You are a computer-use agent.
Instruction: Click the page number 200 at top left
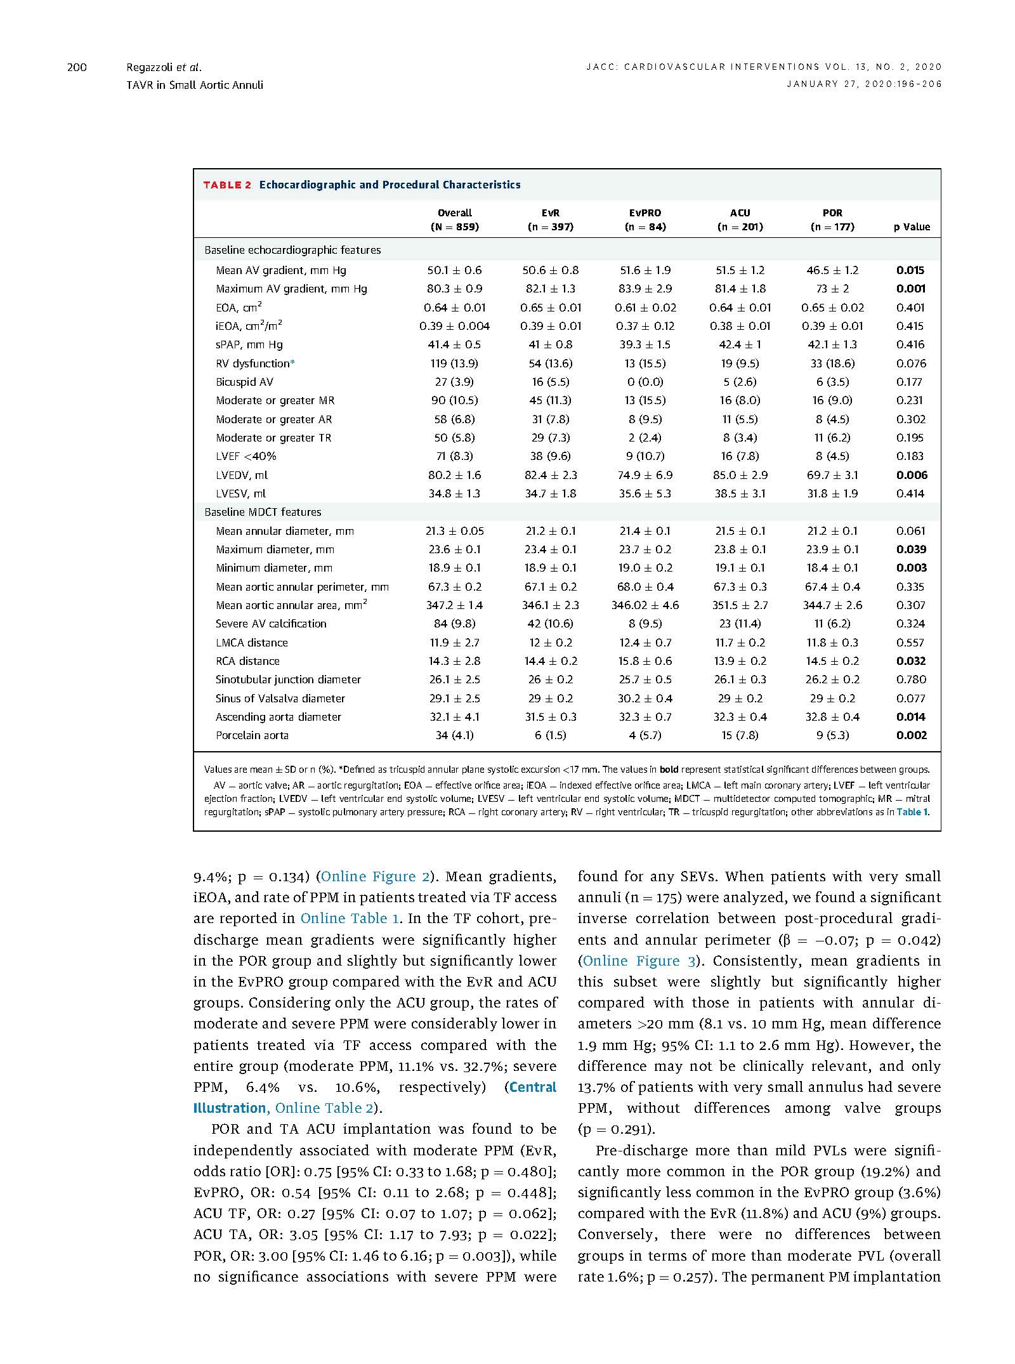point(77,67)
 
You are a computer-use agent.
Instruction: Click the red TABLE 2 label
point(226,185)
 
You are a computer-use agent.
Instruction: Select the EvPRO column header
point(645,220)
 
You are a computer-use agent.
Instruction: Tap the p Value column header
point(911,226)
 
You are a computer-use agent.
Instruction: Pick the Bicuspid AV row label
point(244,382)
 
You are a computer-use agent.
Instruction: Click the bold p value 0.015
point(910,270)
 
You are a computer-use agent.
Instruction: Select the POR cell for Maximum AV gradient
point(832,289)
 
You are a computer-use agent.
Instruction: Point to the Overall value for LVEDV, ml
point(454,475)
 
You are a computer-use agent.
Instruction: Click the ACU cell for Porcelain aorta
point(740,735)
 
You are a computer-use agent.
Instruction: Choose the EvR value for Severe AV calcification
point(550,624)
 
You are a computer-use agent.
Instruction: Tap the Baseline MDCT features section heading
point(263,512)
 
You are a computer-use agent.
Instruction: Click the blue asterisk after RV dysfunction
point(292,363)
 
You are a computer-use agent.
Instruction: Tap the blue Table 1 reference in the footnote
point(912,811)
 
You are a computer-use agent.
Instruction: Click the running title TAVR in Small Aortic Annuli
point(195,85)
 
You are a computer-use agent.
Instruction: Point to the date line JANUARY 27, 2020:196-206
point(864,84)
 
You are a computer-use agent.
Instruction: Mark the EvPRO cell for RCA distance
point(645,661)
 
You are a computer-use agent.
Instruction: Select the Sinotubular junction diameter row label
point(288,679)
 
